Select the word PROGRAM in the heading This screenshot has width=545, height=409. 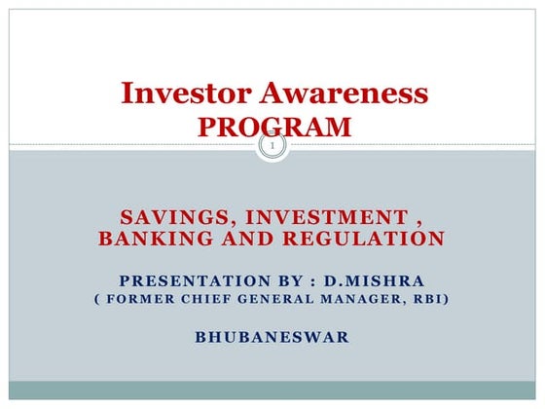tap(273, 126)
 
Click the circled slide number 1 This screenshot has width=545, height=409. tap(273, 148)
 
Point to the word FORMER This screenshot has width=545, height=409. tap(136, 299)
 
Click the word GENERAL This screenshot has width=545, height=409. tap(270, 299)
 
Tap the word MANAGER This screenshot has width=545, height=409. tap(351, 299)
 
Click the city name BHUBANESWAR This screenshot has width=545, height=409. tap(272, 338)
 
